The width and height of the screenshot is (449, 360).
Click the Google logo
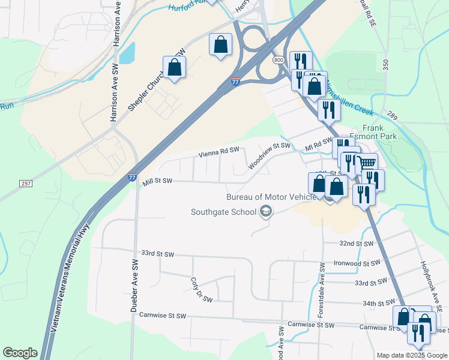(x=20, y=353)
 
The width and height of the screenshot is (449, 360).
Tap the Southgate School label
(x=223, y=211)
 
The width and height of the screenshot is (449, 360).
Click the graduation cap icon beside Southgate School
(x=265, y=211)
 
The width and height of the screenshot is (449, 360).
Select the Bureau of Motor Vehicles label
(x=271, y=197)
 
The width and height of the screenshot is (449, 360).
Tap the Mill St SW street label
(x=157, y=181)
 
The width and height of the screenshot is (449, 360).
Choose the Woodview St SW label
(x=270, y=154)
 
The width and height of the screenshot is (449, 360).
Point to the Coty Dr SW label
(x=201, y=289)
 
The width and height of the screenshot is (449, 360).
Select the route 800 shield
(x=278, y=61)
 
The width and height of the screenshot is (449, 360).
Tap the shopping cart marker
(x=367, y=163)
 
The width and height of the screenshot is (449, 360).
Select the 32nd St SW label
(x=356, y=244)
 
